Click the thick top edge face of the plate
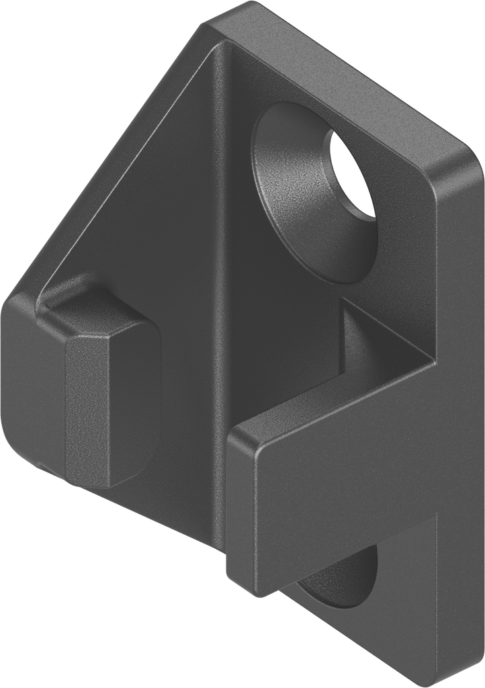336,74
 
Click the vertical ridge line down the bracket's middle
220,269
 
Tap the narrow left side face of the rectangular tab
240,511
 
